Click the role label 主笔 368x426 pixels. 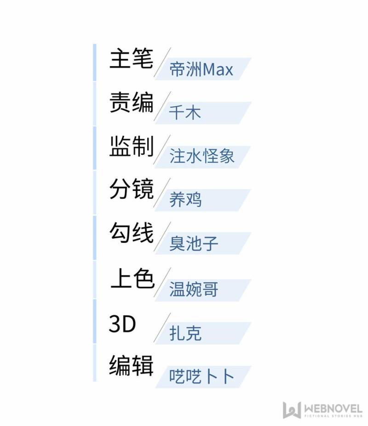click(x=132, y=58)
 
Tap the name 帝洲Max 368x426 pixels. click(x=201, y=69)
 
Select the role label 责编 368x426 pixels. click(x=132, y=102)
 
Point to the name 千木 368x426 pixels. click(x=185, y=112)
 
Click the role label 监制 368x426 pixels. click(x=132, y=146)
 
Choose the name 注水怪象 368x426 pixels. click(x=201, y=156)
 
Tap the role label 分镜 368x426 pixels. click(x=132, y=189)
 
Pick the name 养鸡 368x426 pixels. click(x=185, y=199)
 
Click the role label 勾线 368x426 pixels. click(x=132, y=233)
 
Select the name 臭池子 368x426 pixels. click(x=194, y=243)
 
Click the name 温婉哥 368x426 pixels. click(x=194, y=289)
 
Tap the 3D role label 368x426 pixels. click(x=122, y=324)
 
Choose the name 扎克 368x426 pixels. click(x=185, y=333)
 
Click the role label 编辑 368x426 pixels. click(x=132, y=366)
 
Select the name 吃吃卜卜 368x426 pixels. click(x=201, y=376)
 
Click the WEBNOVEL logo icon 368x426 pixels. click(x=292, y=410)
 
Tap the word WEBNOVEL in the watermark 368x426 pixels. click(x=333, y=409)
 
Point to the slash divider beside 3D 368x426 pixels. click(x=162, y=328)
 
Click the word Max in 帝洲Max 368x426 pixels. click(x=218, y=70)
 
